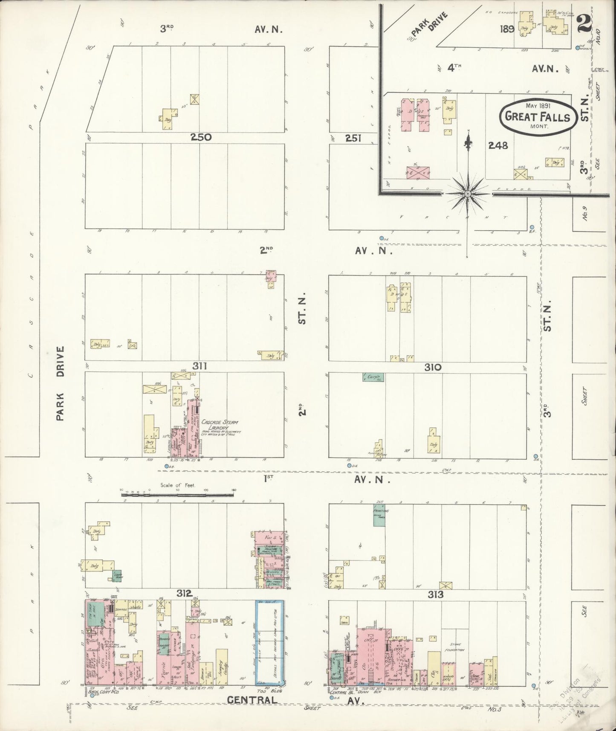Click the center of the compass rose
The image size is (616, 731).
(468, 194)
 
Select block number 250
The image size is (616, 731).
(201, 137)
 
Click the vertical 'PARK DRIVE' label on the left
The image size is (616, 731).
(60, 384)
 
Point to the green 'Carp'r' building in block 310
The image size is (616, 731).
(373, 377)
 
